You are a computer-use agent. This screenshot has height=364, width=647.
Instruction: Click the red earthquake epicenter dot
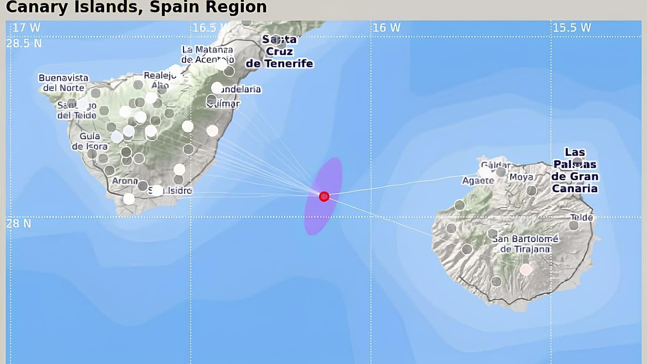click(324, 196)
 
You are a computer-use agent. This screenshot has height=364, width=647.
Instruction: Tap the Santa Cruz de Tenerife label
click(280, 52)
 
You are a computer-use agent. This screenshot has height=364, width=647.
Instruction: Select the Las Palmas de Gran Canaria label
click(575, 170)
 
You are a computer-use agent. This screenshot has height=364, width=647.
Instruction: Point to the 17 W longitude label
click(26, 28)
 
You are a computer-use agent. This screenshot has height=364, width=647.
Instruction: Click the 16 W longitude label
click(386, 28)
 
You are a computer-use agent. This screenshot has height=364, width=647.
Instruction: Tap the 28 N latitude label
click(19, 223)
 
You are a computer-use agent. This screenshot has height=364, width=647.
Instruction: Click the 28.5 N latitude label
click(24, 43)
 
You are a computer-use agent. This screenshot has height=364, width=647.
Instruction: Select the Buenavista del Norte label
click(64, 83)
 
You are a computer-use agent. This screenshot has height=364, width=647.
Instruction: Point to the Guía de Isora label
click(89, 141)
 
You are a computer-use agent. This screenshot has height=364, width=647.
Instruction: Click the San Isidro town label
click(171, 190)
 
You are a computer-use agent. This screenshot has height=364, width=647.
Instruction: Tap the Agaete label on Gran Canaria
click(478, 181)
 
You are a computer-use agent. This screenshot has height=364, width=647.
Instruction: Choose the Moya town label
click(521, 177)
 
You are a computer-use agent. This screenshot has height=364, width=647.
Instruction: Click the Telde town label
click(581, 217)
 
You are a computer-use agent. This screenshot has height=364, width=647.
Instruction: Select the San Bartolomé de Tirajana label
click(525, 244)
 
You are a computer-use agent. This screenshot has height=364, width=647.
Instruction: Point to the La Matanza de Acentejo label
click(207, 54)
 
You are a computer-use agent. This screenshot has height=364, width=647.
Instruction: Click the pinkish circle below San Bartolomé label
click(526, 269)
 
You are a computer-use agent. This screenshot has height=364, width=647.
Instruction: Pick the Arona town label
click(125, 181)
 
